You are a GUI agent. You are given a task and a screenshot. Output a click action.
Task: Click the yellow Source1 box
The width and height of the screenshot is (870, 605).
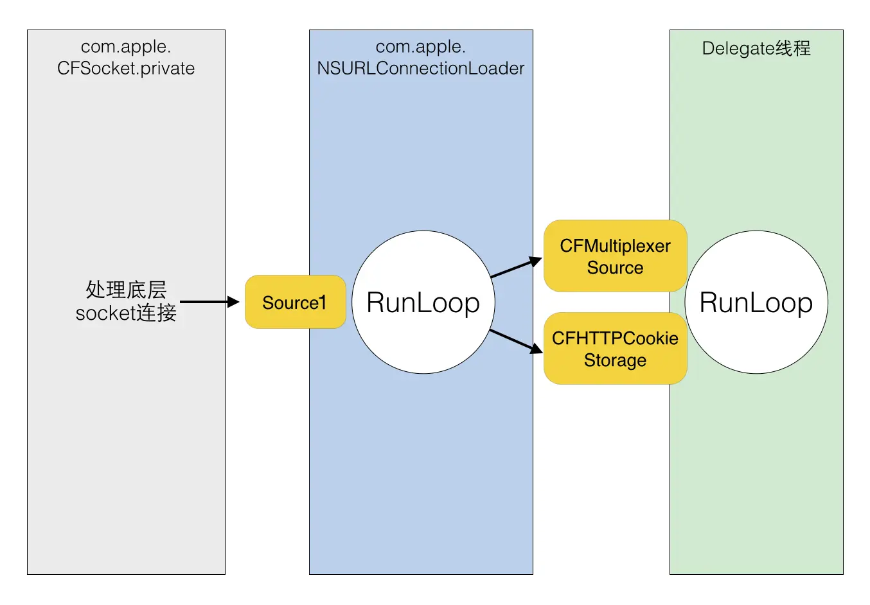coord(295,302)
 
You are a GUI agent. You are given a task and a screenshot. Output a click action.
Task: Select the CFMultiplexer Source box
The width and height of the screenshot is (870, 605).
coord(615,256)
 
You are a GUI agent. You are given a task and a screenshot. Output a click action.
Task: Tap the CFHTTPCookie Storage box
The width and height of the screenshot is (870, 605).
coord(615,349)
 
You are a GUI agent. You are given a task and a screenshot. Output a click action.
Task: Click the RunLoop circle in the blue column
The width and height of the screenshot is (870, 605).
coord(423,302)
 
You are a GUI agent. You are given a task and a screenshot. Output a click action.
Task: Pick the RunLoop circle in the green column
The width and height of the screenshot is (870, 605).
coord(756,302)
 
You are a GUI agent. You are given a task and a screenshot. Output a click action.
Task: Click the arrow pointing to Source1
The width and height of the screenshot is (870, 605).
coord(209,301)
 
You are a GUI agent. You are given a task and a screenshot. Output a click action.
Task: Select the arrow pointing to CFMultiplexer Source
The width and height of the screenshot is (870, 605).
coord(516,267)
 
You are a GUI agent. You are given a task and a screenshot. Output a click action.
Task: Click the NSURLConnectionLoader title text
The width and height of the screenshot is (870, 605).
coord(421,68)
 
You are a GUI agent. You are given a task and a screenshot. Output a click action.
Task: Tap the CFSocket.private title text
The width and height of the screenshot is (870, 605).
coord(126,68)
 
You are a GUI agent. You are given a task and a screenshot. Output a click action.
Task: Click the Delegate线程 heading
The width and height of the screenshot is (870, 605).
coord(756,48)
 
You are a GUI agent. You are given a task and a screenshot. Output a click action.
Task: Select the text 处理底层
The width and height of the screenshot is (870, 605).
coord(126,290)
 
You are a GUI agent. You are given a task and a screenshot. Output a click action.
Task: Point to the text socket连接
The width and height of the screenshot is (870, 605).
coord(126,313)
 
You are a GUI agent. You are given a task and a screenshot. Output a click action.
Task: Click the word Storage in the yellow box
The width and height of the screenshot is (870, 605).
coord(615,360)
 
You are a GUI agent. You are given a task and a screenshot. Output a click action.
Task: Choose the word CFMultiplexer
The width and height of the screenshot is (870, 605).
coord(615,246)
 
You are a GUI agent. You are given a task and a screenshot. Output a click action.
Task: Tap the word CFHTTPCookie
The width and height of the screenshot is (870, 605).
coord(615,338)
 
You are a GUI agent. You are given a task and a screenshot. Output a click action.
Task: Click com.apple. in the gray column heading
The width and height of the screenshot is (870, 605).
coord(126,46)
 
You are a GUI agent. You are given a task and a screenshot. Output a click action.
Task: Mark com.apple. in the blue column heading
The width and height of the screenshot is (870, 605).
coord(421,46)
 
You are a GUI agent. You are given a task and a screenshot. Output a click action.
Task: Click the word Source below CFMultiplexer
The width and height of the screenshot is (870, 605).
coord(615,268)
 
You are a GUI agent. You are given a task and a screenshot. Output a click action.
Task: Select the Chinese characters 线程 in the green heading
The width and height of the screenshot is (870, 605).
coord(793,48)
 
